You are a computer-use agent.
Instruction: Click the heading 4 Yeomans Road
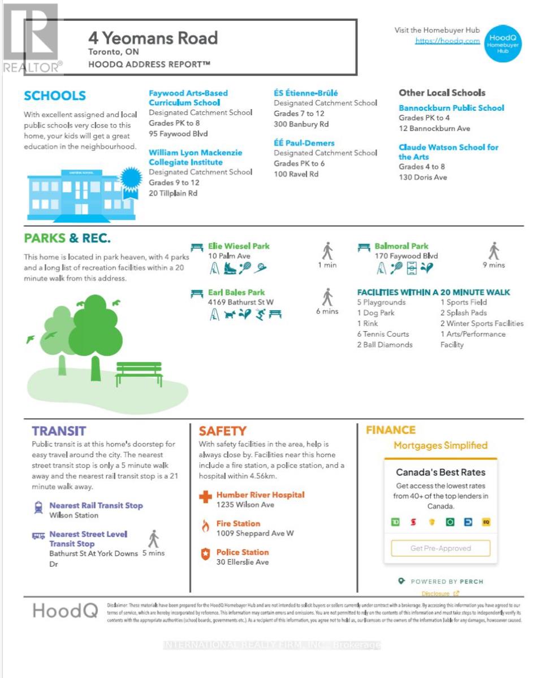click(153, 38)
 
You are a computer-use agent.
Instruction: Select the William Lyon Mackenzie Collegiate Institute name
click(195, 157)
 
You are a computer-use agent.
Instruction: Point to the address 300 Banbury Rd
click(301, 124)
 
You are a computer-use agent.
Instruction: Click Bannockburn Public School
click(451, 108)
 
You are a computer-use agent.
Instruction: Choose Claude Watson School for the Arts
click(448, 152)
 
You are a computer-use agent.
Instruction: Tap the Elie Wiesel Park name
click(239, 246)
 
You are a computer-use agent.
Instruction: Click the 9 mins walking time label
click(494, 265)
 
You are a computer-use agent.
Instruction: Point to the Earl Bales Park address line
click(241, 302)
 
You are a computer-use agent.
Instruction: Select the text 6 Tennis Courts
click(383, 334)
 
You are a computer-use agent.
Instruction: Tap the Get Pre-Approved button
click(441, 548)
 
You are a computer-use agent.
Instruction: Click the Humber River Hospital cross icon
click(205, 498)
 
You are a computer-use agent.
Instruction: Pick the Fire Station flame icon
click(205, 527)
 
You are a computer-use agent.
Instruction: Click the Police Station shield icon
click(205, 555)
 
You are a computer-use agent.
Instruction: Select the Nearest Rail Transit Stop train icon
click(38, 508)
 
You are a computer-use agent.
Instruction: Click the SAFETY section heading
click(222, 431)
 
